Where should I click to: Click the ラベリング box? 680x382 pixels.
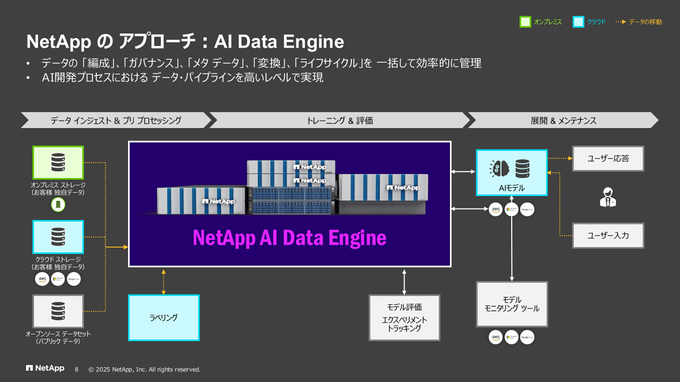[164, 317]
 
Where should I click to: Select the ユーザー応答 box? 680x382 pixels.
[608, 159]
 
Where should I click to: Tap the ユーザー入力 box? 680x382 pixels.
[608, 235]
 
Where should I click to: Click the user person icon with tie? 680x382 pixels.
[607, 197]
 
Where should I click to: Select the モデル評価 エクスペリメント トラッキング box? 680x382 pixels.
[404, 317]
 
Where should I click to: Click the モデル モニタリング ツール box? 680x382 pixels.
[512, 304]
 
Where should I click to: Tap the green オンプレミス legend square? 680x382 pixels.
[525, 22]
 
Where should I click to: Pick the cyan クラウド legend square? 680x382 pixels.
[578, 22]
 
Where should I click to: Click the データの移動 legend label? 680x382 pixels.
[645, 22]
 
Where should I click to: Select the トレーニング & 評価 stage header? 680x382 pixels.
[339, 120]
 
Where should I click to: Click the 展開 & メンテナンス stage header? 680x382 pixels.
[563, 120]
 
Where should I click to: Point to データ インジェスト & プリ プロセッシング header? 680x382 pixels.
[116, 120]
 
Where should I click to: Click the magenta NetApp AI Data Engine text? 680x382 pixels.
[290, 237]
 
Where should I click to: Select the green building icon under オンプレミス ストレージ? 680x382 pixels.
[58, 204]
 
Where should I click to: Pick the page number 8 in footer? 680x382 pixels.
[77, 370]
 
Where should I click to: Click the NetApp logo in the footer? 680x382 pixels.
[45, 369]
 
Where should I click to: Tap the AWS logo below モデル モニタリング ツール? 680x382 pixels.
[496, 337]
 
